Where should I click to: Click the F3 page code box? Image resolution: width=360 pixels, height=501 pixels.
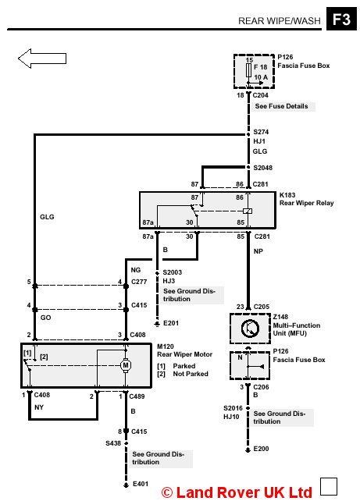(341, 19)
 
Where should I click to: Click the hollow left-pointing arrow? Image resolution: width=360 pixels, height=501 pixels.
(42, 59)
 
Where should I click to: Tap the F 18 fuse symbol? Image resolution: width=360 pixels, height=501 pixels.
(248, 70)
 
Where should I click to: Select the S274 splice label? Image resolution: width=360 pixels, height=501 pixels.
(261, 132)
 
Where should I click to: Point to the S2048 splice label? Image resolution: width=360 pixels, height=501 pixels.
(263, 168)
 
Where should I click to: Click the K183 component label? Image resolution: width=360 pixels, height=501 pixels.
(287, 195)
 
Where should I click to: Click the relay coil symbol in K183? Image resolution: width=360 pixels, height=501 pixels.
(248, 211)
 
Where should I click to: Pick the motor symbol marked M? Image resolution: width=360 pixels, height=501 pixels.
(126, 365)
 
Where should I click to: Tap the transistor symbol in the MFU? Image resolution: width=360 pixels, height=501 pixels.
(250, 329)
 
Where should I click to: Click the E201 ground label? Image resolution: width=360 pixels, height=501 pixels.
(171, 323)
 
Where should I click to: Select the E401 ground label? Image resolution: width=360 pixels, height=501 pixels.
(141, 484)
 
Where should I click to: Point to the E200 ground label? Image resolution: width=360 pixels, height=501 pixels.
(261, 449)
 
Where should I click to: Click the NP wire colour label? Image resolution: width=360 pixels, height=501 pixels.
(258, 251)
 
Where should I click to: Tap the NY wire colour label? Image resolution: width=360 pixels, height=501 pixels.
(39, 407)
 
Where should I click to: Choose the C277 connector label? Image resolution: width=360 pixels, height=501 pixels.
(139, 282)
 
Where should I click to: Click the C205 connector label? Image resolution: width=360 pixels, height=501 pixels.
(262, 307)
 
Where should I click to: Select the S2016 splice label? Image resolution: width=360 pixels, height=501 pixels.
(233, 408)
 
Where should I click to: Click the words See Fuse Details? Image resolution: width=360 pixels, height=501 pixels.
(281, 106)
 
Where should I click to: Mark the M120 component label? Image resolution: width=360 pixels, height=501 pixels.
(166, 346)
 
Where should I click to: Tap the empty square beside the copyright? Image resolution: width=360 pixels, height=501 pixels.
(329, 487)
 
